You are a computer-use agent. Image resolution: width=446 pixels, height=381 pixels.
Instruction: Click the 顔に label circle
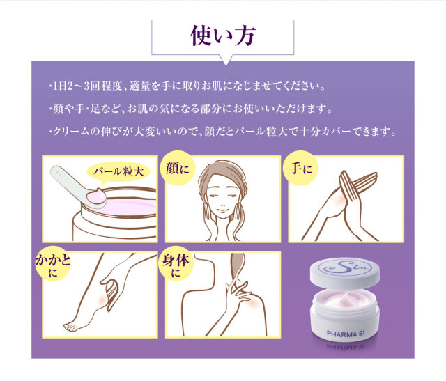[x=176, y=169]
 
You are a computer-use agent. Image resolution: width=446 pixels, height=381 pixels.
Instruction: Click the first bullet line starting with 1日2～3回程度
[x=187, y=89]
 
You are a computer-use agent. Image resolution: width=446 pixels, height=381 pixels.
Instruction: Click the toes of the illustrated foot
[x=70, y=325]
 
